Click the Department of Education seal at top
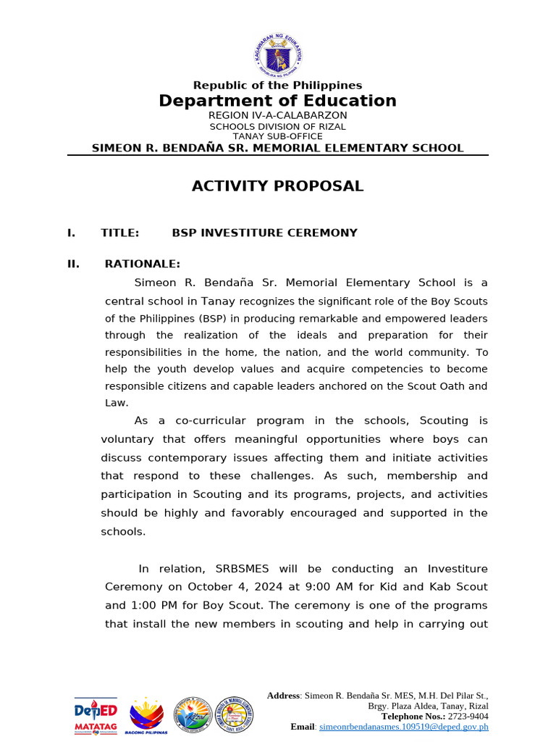coord(277,55)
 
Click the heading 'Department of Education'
coord(277,101)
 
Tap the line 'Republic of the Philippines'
coord(277,86)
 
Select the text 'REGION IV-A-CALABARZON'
coord(277,115)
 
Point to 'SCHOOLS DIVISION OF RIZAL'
coord(277,126)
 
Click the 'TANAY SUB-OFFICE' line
coord(277,136)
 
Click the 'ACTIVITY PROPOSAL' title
coord(277,186)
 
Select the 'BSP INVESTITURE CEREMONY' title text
coord(264,233)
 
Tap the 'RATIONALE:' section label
coord(143,264)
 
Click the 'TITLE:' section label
coord(120,233)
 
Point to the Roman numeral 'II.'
coord(73,264)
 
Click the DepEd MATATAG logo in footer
coord(96,715)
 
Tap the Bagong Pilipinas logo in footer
coord(147,716)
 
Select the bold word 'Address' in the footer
coord(283,696)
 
